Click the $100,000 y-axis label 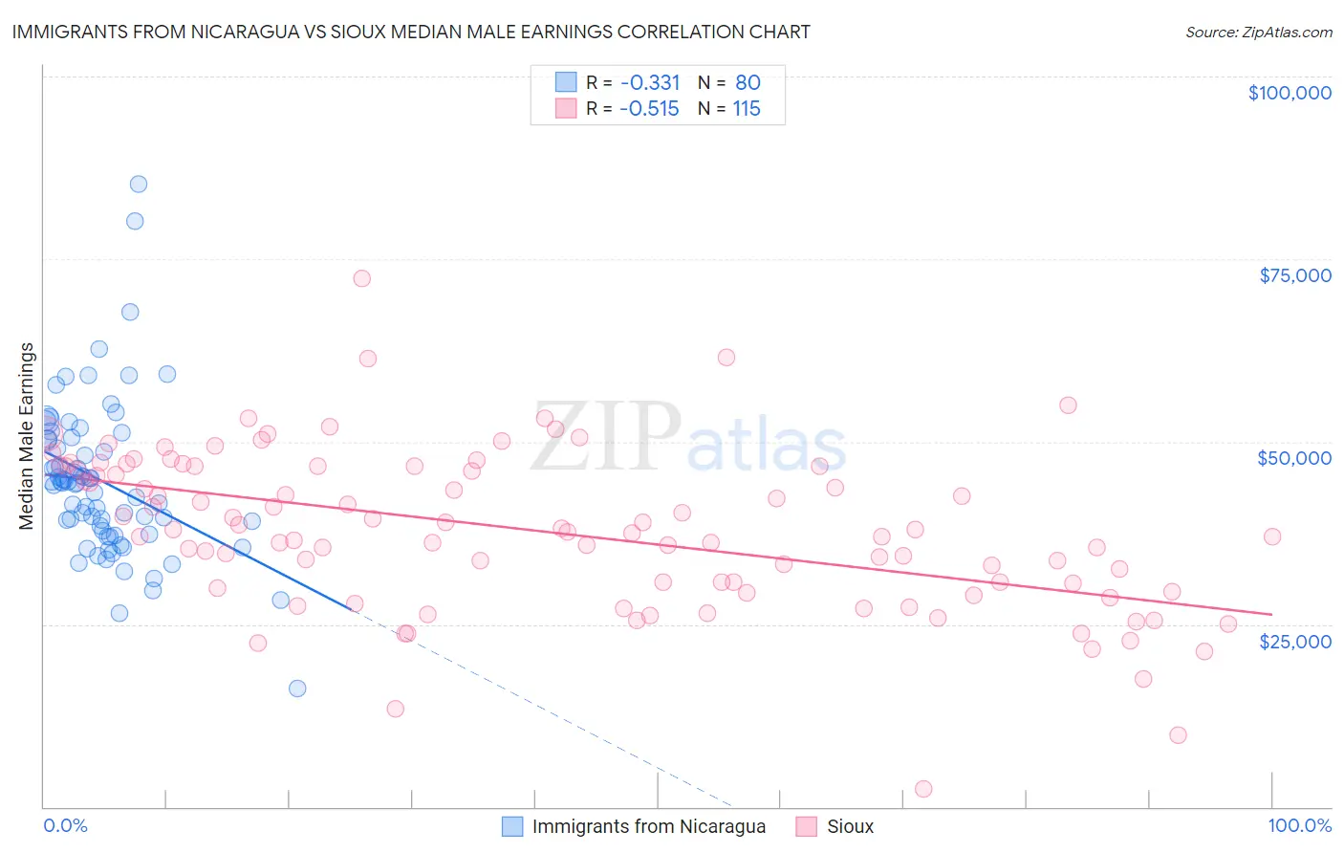(1289, 93)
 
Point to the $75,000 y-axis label (1294, 275)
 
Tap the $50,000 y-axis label (1293, 458)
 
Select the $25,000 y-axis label (1294, 641)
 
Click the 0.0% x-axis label (65, 825)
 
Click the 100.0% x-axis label (1299, 825)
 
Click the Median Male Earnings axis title (27, 435)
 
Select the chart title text (411, 33)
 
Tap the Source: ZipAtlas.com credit (1258, 33)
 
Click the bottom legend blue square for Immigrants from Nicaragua (512, 826)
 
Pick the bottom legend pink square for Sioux (807, 826)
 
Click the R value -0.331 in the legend (649, 83)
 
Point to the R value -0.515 (649, 109)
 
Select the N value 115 (747, 109)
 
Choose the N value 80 (748, 83)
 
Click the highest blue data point (138, 184)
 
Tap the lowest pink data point (923, 789)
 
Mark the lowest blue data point (297, 689)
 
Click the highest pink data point (361, 278)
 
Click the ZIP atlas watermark (688, 438)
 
